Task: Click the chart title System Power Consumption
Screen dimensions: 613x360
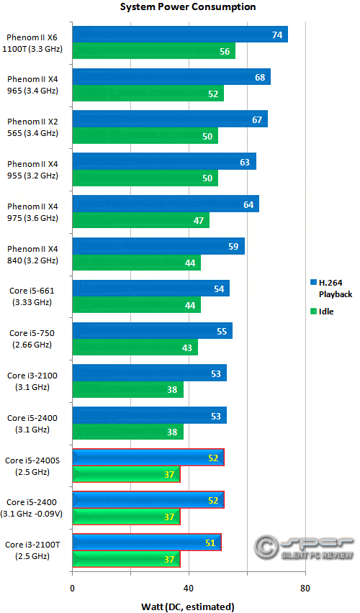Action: (188, 7)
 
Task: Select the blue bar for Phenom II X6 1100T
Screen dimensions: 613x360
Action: (180, 35)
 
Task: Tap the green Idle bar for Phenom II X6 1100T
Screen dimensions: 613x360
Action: (153, 51)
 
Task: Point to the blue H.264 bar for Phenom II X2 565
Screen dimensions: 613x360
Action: (170, 119)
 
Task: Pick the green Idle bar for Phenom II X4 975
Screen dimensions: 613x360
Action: (140, 221)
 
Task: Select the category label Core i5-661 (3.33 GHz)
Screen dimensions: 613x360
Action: (32, 296)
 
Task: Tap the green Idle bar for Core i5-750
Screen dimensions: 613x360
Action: (135, 348)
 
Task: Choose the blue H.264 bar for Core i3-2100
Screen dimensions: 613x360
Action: (149, 373)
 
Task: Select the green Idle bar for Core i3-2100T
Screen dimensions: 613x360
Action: (126, 559)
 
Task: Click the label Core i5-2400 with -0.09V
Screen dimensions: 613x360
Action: (35, 508)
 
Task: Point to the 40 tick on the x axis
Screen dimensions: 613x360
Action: (189, 588)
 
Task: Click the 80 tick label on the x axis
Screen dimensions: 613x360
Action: (305, 588)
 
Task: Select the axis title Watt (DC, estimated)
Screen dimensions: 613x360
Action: (189, 606)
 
